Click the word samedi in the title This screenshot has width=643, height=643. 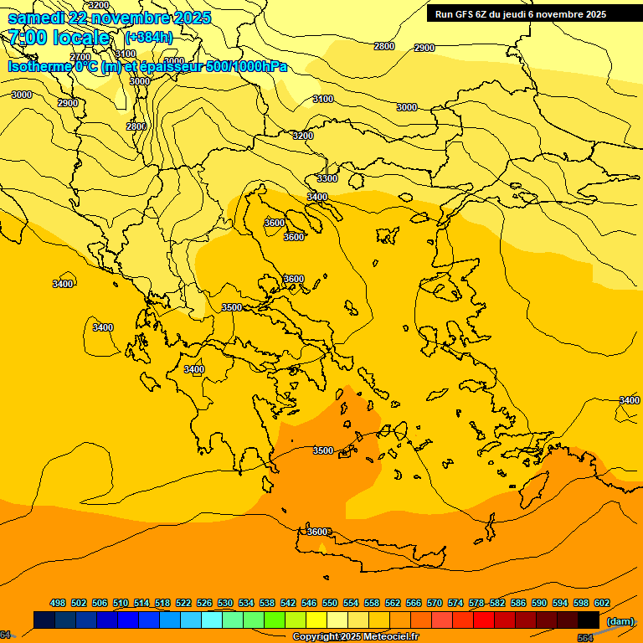[37, 18]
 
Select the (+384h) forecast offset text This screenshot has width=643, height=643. [148, 38]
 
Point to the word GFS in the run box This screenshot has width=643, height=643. [467, 14]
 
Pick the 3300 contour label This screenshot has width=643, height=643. [327, 178]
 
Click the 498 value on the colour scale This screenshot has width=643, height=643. [58, 603]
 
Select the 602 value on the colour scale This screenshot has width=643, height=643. [602, 603]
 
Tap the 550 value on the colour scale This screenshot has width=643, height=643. [330, 603]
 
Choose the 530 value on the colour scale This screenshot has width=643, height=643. [225, 603]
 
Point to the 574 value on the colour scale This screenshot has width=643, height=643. [455, 603]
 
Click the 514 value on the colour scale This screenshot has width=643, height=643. [141, 603]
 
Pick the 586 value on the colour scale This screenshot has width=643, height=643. [518, 603]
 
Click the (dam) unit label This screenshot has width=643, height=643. [620, 621]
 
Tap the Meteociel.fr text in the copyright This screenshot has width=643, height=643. [385, 637]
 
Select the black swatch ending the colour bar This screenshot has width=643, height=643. [589, 620]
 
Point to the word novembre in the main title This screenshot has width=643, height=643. [135, 18]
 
